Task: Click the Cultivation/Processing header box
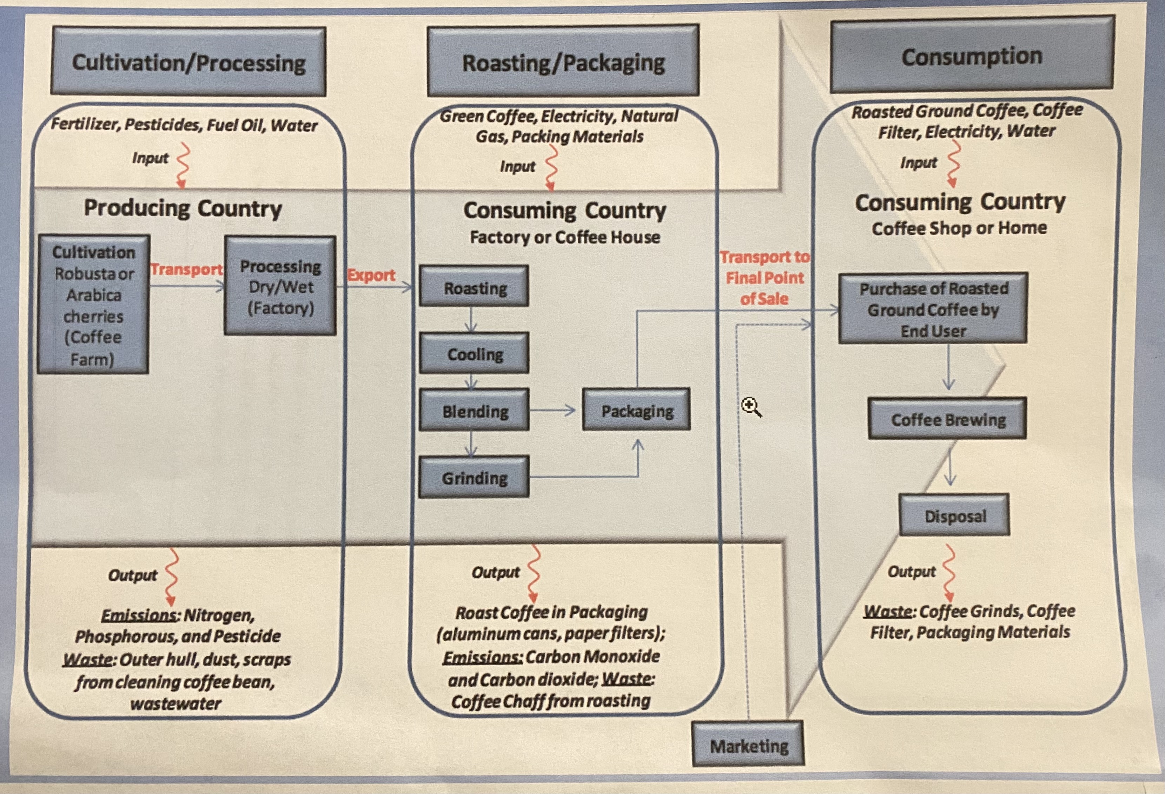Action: point(188,62)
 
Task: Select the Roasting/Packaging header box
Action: point(563,61)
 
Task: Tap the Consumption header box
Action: point(972,55)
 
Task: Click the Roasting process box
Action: point(474,287)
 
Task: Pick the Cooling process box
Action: point(474,353)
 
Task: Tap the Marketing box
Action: point(748,745)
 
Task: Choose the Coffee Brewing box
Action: point(947,419)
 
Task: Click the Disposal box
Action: point(954,515)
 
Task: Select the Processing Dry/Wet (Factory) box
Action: point(280,286)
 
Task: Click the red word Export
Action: point(371,275)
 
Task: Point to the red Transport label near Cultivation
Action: point(186,269)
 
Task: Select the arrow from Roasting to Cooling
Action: point(471,319)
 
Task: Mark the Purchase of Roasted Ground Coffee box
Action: point(933,309)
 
